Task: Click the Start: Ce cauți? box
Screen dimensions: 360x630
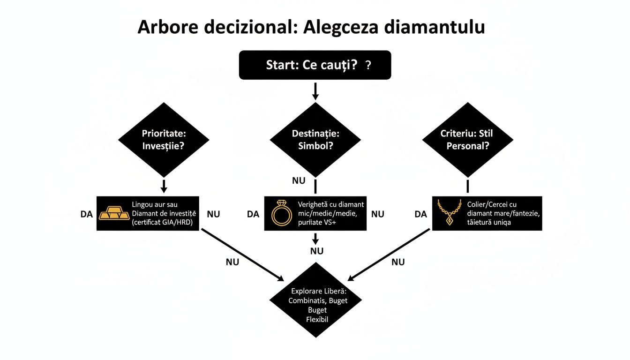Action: pos(315,65)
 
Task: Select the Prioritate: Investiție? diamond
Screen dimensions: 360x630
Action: pos(164,139)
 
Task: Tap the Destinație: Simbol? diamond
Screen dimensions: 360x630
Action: pos(315,139)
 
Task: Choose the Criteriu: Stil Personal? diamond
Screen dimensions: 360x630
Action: pos(467,139)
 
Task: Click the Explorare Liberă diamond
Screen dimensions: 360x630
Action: pos(315,300)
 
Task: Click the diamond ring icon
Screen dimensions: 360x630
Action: pos(281,213)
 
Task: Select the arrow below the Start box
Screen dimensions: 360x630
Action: pos(315,91)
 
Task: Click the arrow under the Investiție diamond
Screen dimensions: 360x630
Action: pos(164,186)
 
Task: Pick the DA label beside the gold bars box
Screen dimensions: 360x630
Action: pos(87,214)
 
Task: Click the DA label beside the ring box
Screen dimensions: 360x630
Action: pos(253,214)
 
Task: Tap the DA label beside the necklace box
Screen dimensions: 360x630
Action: pos(421,214)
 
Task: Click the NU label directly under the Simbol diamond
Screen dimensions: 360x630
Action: pos(299,180)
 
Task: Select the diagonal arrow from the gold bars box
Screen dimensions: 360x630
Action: pos(241,254)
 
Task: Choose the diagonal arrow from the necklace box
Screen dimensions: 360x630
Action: pos(389,254)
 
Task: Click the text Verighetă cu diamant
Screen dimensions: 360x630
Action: pos(330,204)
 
